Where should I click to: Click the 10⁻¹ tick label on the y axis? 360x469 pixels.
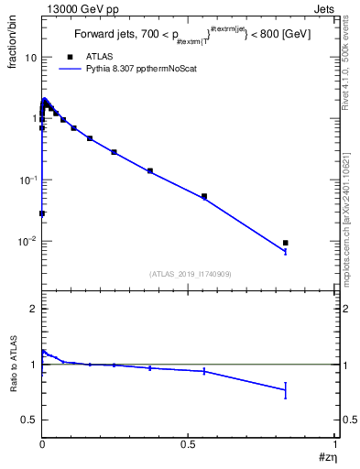coord(27,180)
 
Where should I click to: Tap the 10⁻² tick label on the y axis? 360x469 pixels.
coord(27,242)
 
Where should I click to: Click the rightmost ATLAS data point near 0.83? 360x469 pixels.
coord(286,243)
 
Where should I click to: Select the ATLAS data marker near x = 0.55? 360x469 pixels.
coord(204,196)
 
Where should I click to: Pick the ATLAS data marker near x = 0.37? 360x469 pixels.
coord(150,170)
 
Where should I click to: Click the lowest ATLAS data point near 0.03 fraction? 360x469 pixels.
coord(42,213)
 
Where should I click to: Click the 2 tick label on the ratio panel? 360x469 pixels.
coord(32,310)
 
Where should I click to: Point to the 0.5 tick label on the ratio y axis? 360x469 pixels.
coord(28,420)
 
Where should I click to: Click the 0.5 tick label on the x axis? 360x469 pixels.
coord(188,443)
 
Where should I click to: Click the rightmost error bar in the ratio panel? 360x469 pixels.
coord(286,390)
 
